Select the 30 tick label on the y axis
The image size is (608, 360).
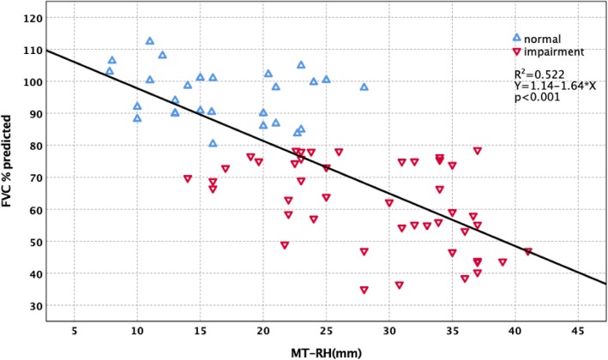[33, 306]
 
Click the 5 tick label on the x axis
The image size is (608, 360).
[74, 331]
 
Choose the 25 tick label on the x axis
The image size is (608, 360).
[326, 331]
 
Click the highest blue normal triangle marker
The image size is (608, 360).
[149, 41]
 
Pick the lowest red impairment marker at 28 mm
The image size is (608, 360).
[364, 291]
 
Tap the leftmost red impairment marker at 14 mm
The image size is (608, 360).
[188, 179]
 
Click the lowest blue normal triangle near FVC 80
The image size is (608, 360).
[213, 143]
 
